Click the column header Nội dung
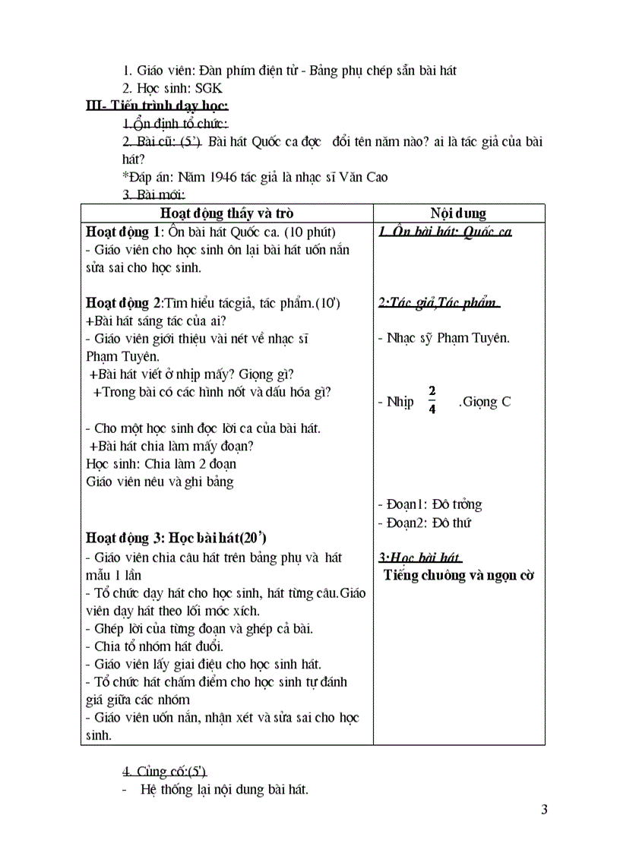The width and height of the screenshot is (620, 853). click(x=458, y=213)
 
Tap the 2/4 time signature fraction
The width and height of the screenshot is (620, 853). click(x=432, y=400)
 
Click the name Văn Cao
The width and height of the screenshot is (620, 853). click(x=367, y=177)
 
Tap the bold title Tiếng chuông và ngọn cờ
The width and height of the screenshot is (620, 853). click(x=458, y=575)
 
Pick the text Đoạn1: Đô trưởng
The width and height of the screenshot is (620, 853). click(x=429, y=504)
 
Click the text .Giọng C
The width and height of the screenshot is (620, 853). click(x=485, y=402)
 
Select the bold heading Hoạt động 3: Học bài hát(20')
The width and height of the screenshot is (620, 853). click(x=176, y=538)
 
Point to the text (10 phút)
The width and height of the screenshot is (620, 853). click(x=309, y=232)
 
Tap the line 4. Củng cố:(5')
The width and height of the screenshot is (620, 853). click(x=160, y=772)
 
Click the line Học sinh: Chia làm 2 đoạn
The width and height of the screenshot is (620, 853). click(x=161, y=463)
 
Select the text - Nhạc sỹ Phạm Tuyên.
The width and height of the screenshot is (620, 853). click(x=444, y=339)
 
